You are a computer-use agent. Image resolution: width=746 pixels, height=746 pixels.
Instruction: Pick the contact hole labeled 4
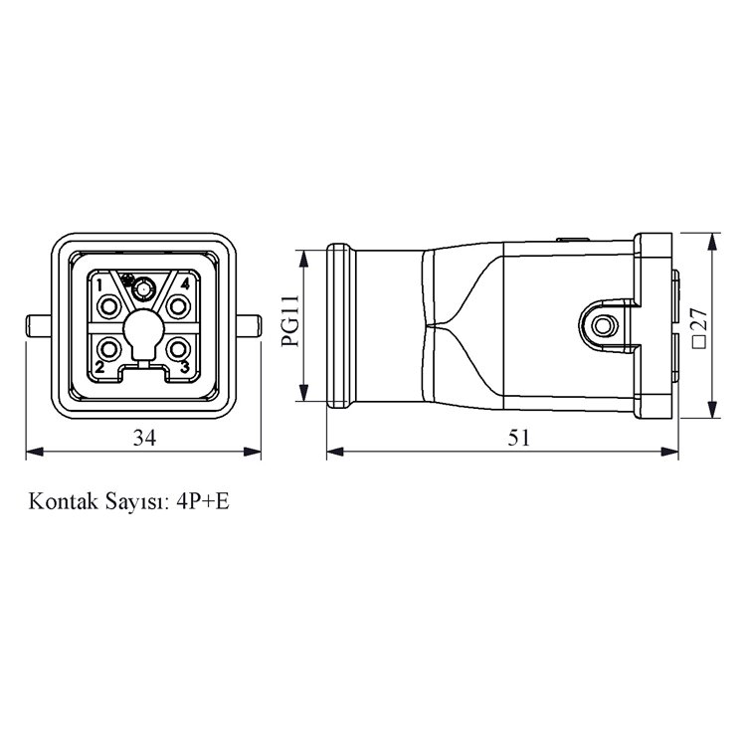tap(179, 303)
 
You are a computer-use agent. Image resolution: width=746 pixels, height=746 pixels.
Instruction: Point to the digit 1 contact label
tap(100, 283)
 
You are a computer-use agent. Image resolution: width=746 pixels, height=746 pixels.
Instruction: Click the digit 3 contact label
tap(185, 368)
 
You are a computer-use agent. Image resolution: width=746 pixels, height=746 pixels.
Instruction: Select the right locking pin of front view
tap(250, 325)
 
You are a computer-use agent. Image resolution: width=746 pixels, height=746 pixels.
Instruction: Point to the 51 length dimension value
tap(518, 437)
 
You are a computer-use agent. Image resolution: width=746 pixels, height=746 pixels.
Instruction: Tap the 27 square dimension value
tap(698, 325)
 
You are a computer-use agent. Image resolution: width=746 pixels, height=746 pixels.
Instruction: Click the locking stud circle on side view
tap(600, 325)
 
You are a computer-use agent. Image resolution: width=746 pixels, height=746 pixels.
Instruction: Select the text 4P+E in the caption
tap(202, 500)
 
